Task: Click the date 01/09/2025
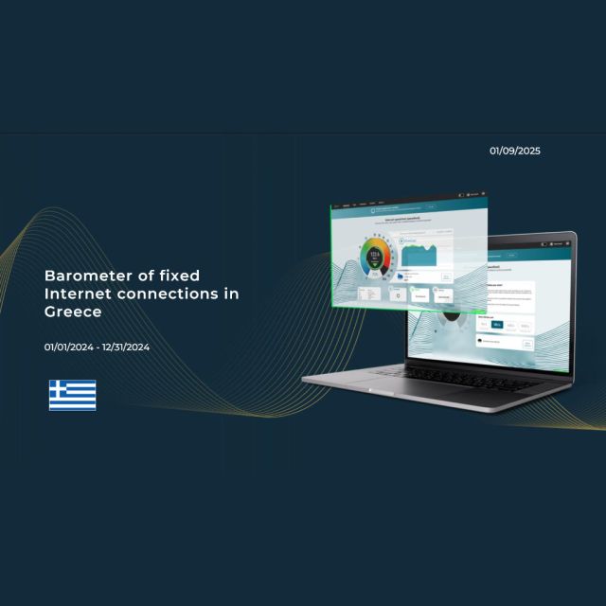515,151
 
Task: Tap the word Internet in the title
78,294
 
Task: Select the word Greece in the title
73,312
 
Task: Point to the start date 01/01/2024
69,347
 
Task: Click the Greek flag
73,395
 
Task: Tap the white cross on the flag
59,388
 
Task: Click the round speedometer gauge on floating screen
374,257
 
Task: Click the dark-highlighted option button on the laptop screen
497,324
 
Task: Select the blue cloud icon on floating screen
401,276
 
